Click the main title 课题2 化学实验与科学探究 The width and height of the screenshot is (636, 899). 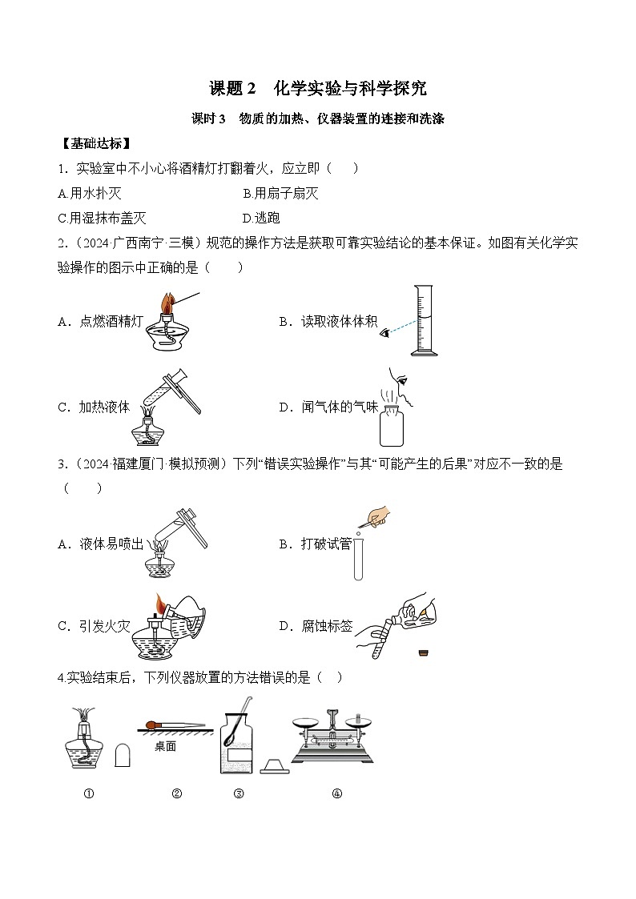click(318, 87)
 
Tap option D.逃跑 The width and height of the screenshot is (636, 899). click(261, 218)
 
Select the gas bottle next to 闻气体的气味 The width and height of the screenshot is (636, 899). click(392, 424)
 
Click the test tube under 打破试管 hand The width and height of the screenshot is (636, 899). click(360, 556)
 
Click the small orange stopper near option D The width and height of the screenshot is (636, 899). click(422, 655)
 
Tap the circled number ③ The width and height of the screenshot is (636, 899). click(238, 794)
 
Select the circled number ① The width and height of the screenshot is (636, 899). click(88, 794)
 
